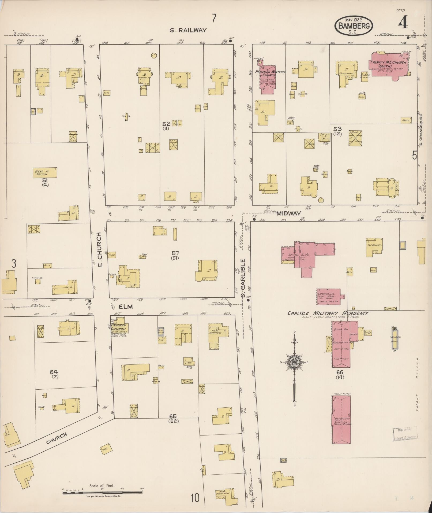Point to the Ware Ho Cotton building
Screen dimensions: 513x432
(x=45, y=173)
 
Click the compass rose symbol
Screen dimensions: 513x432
(x=294, y=362)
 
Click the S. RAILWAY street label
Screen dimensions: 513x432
(x=188, y=30)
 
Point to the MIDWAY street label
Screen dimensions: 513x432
(x=289, y=213)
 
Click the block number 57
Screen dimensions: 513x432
(x=176, y=253)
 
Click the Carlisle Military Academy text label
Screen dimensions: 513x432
(x=328, y=313)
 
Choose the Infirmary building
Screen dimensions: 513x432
(x=374, y=247)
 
